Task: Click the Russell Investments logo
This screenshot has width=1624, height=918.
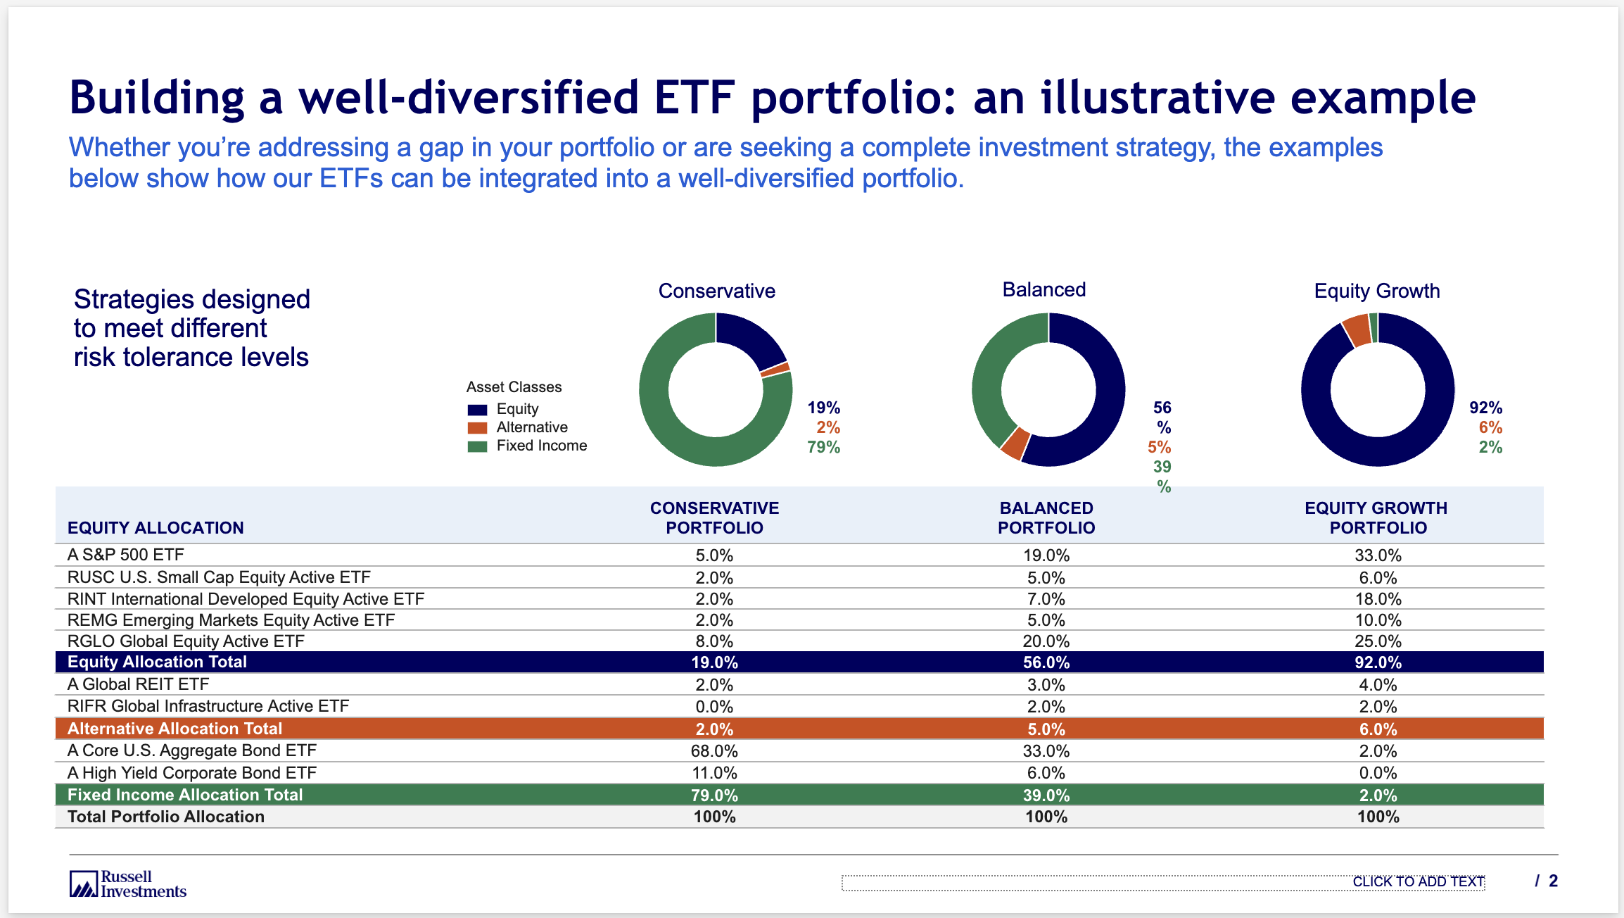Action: tap(127, 884)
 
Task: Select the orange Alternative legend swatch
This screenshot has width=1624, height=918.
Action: tap(477, 427)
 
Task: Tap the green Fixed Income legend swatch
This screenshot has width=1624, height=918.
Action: tap(477, 446)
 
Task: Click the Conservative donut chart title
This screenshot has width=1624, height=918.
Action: tap(716, 291)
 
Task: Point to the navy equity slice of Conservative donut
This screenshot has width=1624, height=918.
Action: tap(749, 338)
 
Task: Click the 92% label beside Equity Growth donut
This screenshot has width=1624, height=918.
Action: tap(1485, 408)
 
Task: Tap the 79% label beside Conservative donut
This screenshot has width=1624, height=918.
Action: tap(823, 447)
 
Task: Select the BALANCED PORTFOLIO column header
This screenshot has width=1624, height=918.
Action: tap(1046, 517)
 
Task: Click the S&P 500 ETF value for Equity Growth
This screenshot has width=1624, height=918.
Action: tap(1378, 555)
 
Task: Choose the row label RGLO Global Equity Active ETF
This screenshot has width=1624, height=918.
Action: tap(186, 641)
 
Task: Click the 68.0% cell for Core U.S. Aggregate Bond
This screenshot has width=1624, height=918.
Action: tap(714, 751)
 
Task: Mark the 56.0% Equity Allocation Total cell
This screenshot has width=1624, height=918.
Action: tap(1046, 662)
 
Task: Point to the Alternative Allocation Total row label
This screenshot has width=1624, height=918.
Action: tap(175, 729)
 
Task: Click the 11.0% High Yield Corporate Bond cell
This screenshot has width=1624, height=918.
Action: tap(714, 773)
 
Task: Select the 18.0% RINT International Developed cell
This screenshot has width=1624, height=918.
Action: tap(1378, 599)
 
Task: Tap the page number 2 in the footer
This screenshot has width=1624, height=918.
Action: tap(1553, 881)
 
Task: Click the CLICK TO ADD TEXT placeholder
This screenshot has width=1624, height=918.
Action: tap(1418, 882)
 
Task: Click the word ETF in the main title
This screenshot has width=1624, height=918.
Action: tap(694, 97)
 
